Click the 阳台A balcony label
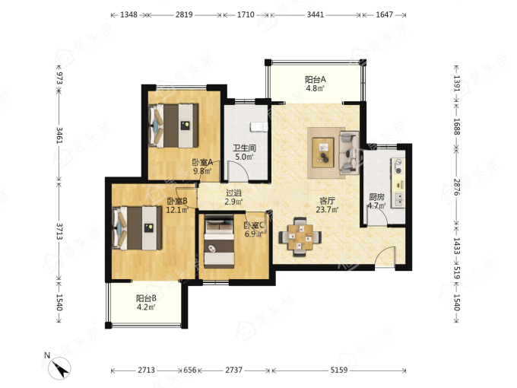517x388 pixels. click(x=316, y=80)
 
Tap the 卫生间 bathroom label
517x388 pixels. click(x=244, y=148)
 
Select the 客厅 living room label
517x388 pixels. click(x=328, y=201)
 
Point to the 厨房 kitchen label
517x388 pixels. click(x=376, y=197)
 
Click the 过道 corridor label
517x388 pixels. click(x=233, y=192)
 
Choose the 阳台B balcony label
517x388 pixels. click(x=146, y=298)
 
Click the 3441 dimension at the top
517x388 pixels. click(x=316, y=15)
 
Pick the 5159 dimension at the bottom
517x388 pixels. click(x=339, y=371)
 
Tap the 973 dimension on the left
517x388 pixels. click(x=59, y=78)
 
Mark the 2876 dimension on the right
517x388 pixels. click(x=457, y=187)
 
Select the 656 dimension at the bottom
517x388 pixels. click(x=190, y=371)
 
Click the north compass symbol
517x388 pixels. click(x=59, y=368)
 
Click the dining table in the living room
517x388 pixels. click(x=300, y=237)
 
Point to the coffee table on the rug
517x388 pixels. click(x=323, y=152)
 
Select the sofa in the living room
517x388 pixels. click(x=349, y=152)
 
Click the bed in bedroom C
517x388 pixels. click(x=219, y=241)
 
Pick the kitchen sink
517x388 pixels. click(x=398, y=199)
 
